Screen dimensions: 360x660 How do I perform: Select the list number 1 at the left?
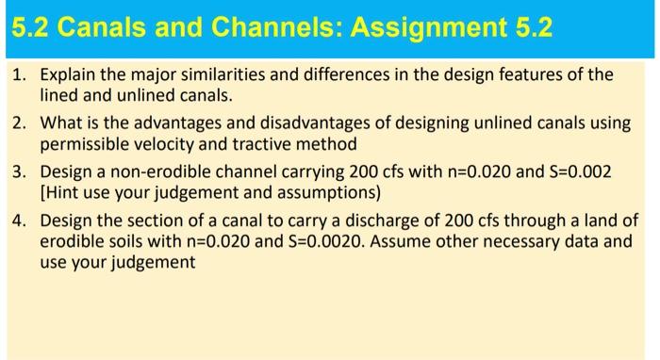point(19,74)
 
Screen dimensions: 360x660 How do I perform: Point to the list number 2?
point(19,124)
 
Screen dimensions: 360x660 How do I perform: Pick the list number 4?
point(19,221)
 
